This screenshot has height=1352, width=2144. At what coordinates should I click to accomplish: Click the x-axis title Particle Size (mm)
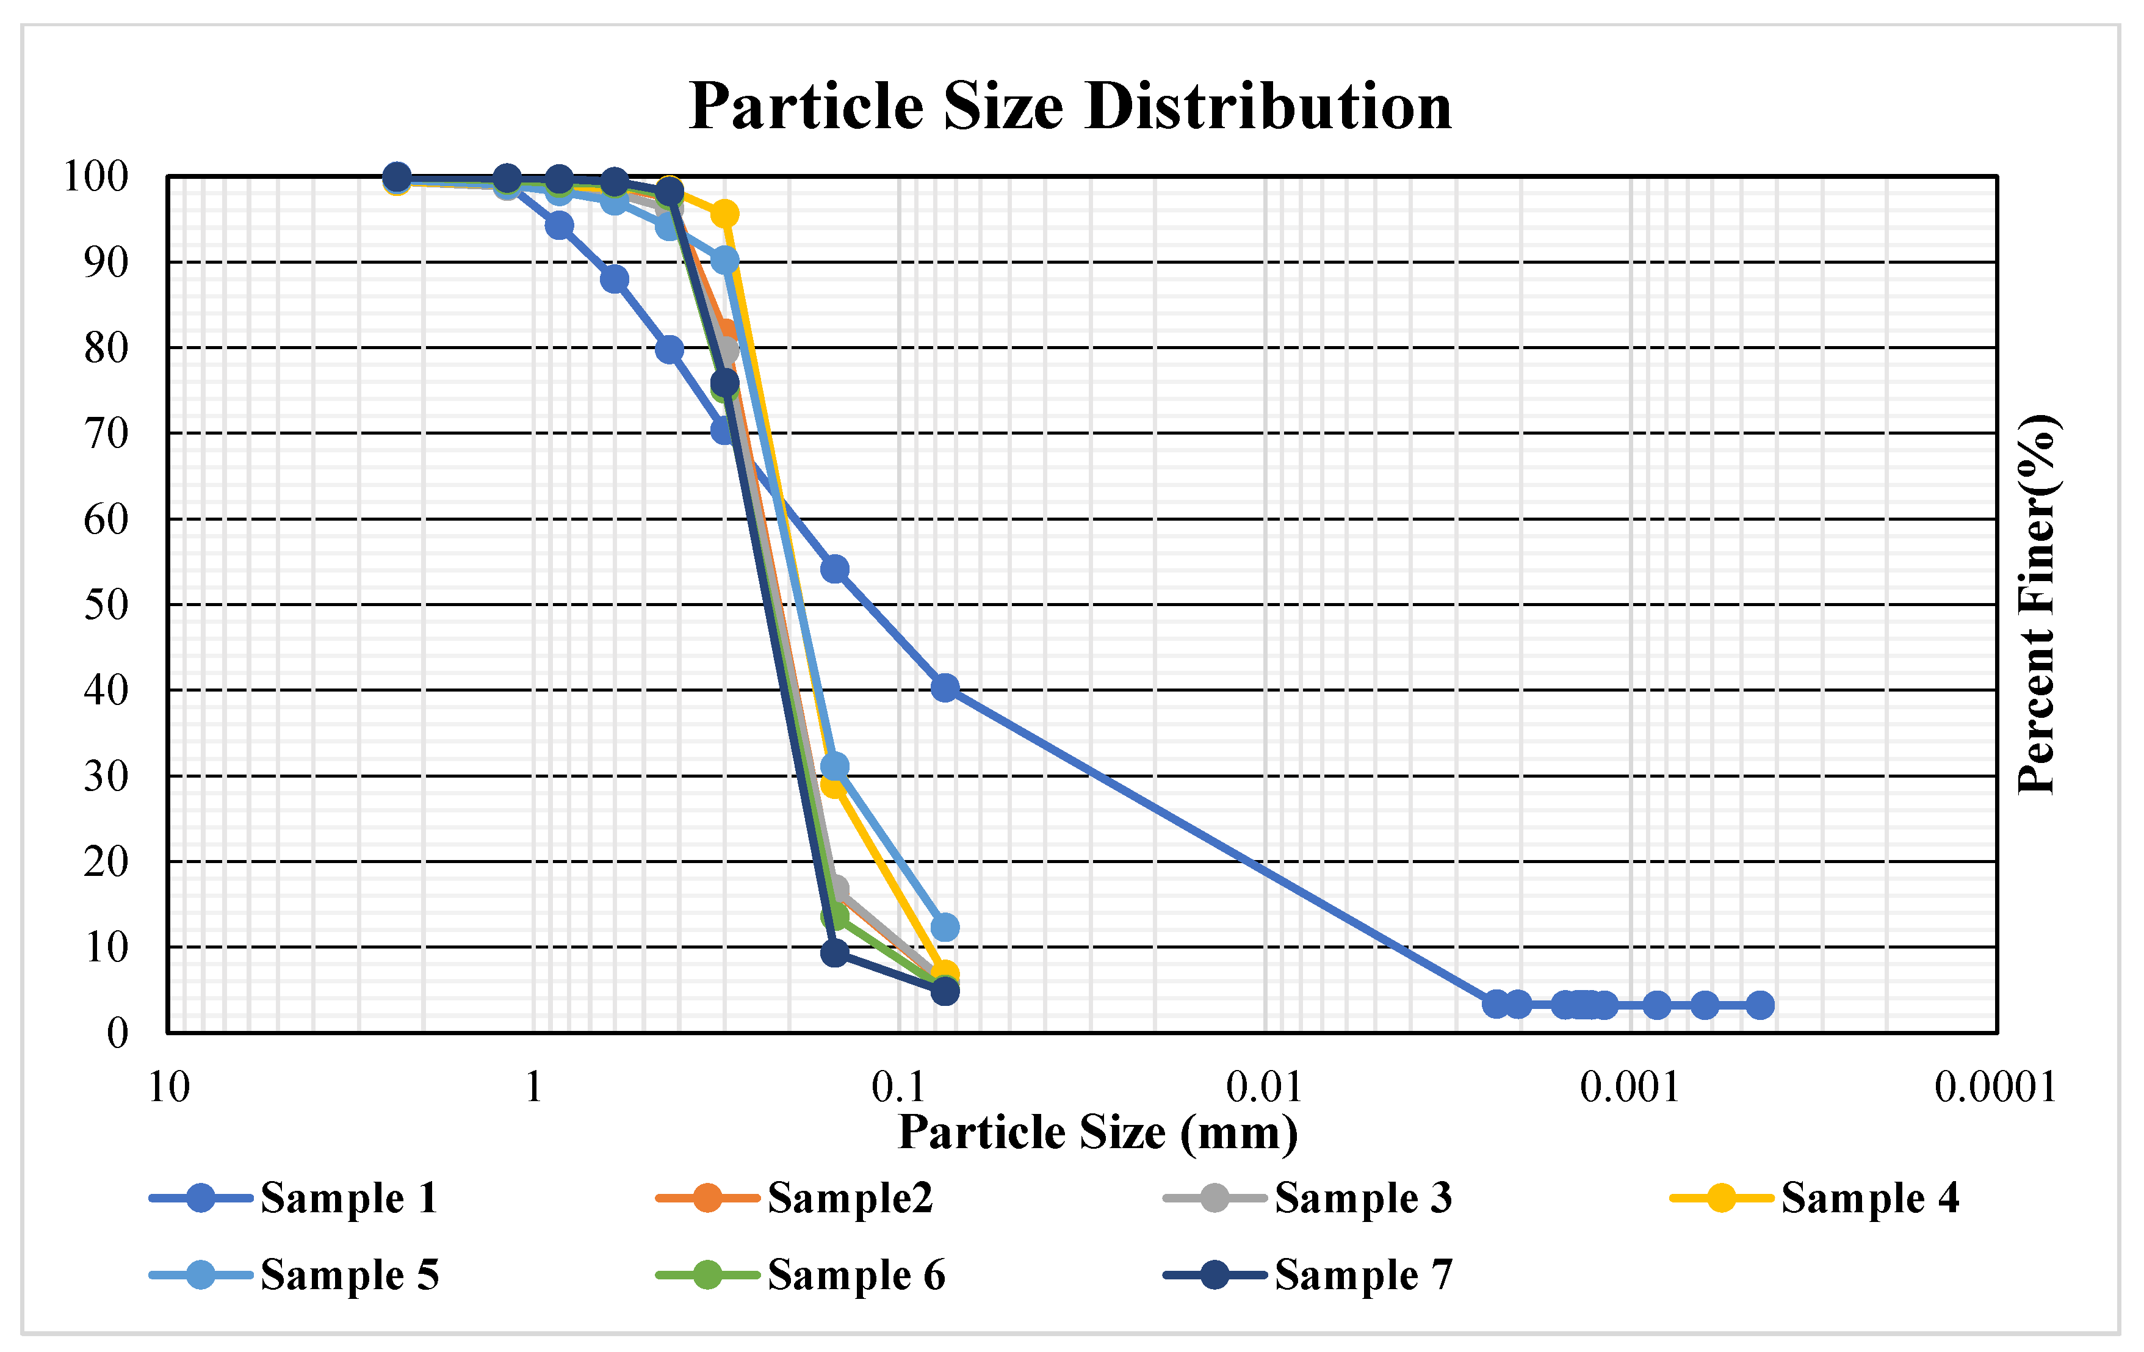pos(1098,1133)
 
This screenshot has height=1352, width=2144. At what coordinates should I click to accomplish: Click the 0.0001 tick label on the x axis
pos(1995,1088)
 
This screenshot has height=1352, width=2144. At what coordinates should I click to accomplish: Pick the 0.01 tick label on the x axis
pos(1263,1088)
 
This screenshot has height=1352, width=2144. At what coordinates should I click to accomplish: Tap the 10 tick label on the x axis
pos(168,1088)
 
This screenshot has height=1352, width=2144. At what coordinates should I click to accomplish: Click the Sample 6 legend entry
pos(801,1274)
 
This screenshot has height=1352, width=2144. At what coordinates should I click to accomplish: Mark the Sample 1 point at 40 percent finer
pos(945,687)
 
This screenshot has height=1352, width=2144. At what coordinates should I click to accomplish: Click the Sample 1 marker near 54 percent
pos(834,569)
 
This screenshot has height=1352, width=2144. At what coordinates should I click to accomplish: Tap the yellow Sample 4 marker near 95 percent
pos(725,214)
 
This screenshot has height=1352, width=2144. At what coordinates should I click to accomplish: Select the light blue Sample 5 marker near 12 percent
pos(945,927)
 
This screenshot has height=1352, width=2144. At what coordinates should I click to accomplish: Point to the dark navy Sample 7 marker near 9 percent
pos(834,953)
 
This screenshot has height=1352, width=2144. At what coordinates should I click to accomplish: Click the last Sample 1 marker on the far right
pos(1760,1005)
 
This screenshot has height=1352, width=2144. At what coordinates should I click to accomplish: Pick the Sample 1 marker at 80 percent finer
pos(670,349)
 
